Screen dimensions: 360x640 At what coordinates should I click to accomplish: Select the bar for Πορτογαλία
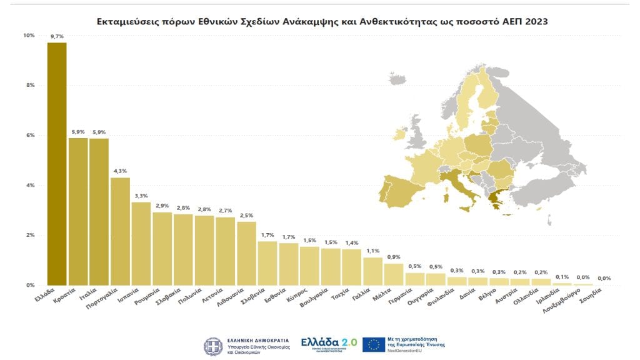[x=120, y=231]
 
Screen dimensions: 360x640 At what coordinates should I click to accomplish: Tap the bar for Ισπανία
[x=141, y=244]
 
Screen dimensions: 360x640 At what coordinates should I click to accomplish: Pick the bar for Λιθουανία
[x=246, y=253]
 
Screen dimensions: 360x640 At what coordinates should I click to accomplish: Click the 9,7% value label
[x=57, y=37]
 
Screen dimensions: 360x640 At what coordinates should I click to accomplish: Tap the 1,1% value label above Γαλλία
[x=372, y=251]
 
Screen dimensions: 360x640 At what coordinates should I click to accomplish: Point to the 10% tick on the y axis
[x=29, y=35]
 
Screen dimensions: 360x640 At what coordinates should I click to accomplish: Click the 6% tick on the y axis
[x=30, y=135]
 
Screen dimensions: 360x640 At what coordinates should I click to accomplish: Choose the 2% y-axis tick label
[x=30, y=235]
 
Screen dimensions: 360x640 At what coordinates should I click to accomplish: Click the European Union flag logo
[x=374, y=344]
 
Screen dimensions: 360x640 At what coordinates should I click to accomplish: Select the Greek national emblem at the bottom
[x=212, y=346]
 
